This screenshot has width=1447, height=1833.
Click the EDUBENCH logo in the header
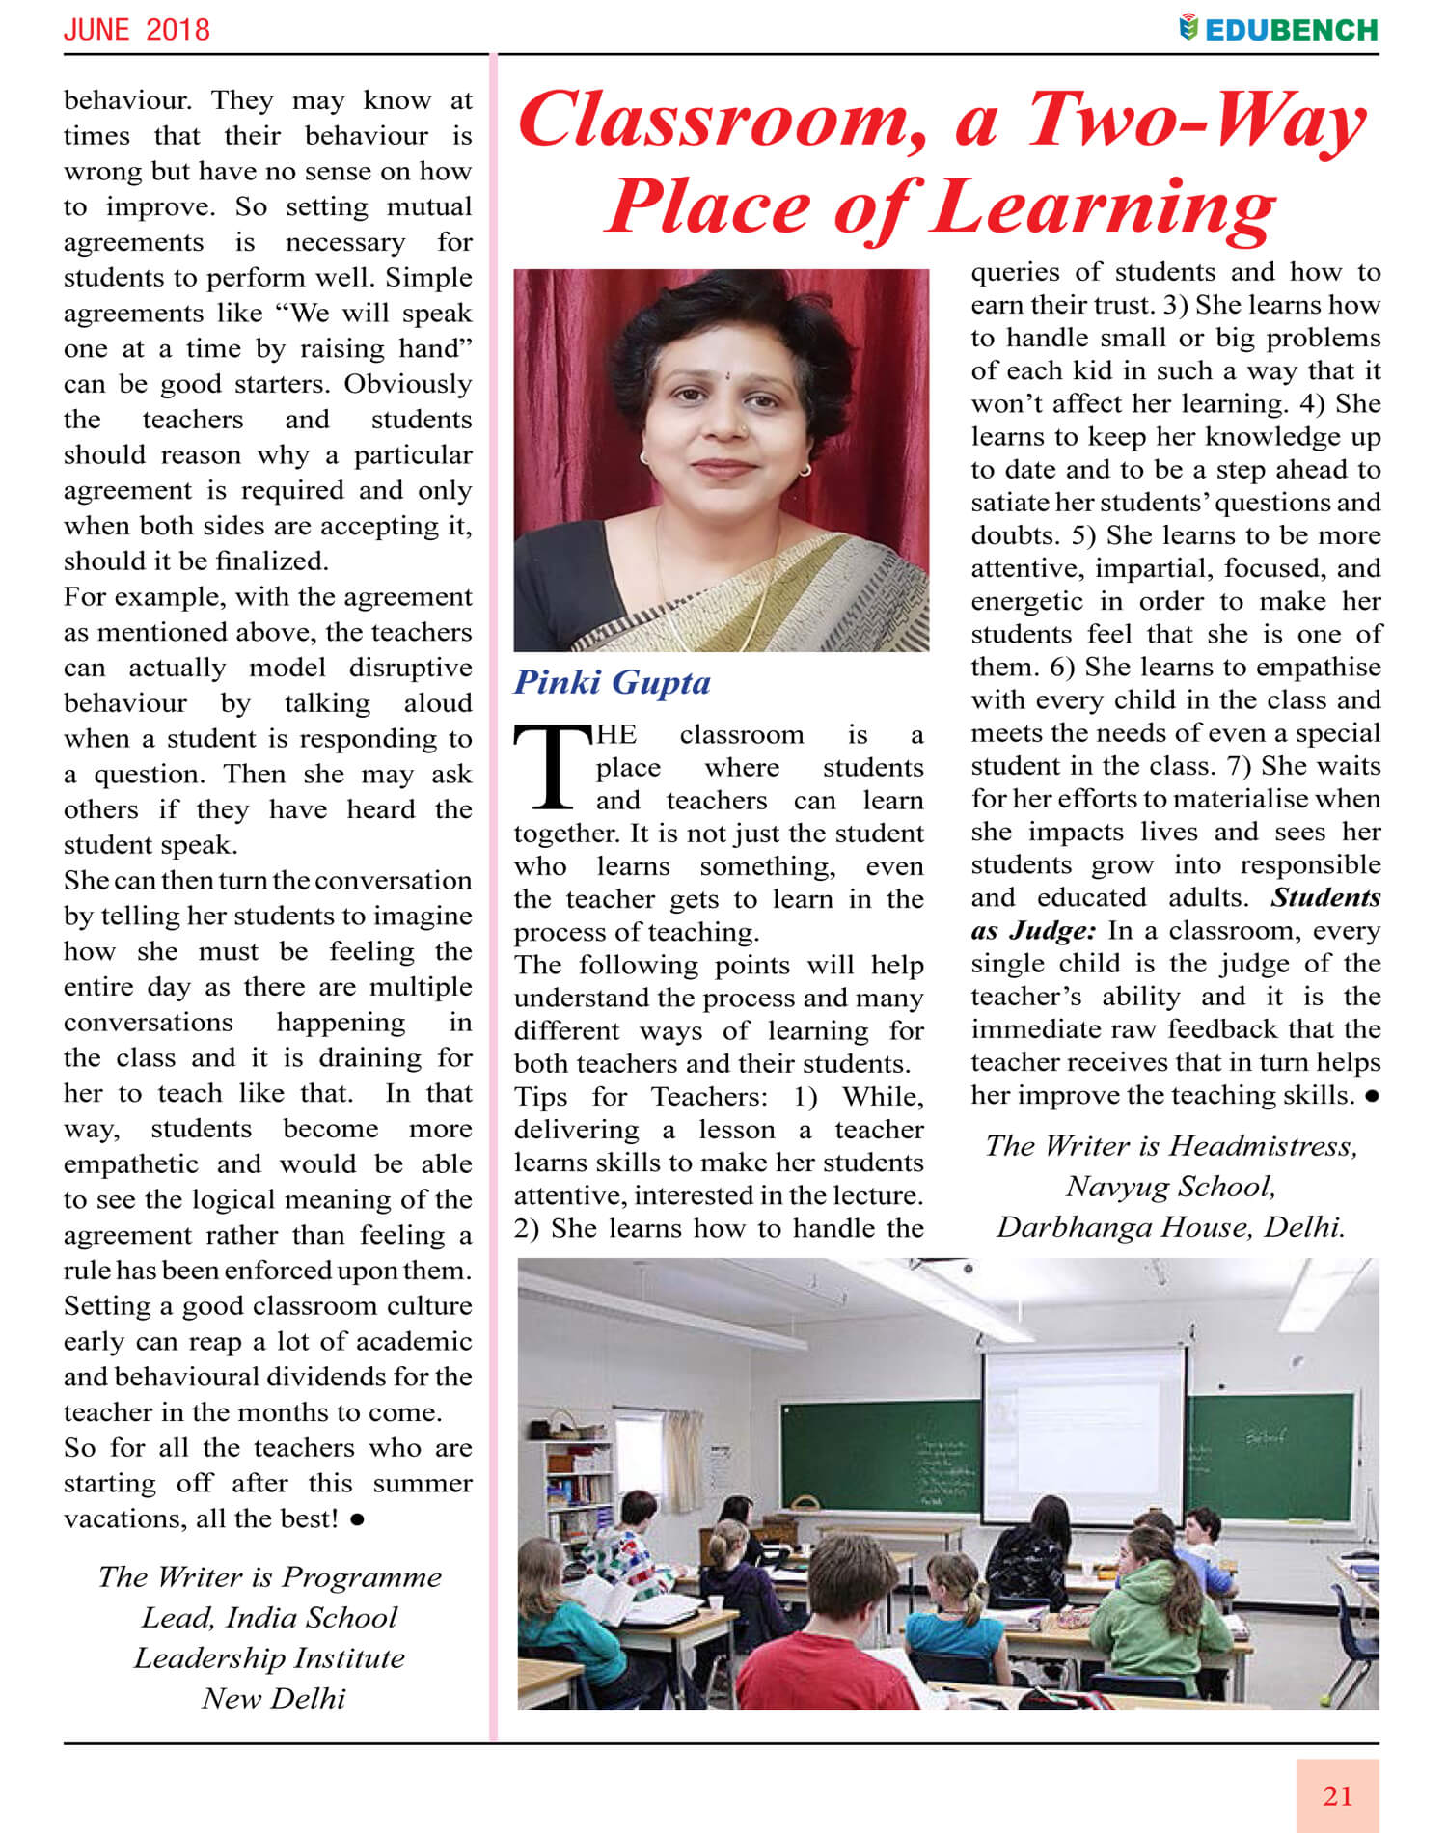tap(1279, 29)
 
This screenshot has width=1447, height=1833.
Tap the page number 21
tap(1337, 1796)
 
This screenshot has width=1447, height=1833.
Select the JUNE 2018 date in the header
tap(136, 29)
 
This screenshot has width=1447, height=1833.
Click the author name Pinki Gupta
tap(612, 682)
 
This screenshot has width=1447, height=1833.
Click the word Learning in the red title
tap(1104, 208)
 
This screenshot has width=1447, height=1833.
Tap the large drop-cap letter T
tap(552, 767)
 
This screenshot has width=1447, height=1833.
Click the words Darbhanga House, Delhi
tap(1170, 1227)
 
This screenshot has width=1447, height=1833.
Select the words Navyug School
tap(1170, 1187)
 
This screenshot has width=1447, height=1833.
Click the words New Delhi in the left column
tap(273, 1698)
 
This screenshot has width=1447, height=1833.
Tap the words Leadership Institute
tap(269, 1657)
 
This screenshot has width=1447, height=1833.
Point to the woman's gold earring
tap(805, 470)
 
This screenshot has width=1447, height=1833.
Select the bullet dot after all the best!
tap(358, 1519)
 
